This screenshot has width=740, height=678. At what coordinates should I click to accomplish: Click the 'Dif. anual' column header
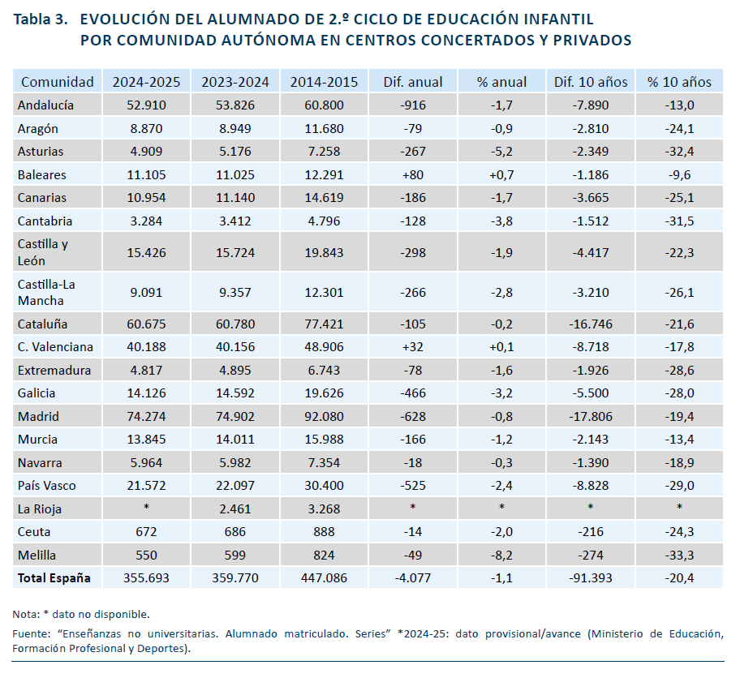412,82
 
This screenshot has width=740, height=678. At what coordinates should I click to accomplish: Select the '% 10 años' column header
679,82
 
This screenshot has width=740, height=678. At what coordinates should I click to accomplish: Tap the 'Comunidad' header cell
57,82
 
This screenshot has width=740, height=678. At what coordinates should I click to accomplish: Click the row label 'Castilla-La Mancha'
46,293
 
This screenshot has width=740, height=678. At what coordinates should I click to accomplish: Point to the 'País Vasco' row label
47,486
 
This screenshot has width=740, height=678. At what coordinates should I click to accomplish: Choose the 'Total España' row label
54,578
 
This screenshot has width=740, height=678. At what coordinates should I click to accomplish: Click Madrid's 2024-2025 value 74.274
146,417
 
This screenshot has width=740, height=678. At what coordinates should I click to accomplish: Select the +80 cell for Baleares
412,175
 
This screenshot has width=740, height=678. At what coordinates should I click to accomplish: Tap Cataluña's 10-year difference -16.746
591,324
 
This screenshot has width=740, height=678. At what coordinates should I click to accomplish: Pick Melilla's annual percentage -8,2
501,556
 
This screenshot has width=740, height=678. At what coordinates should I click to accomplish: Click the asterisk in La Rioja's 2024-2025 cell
146,507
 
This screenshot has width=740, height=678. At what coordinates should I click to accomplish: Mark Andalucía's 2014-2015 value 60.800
324,105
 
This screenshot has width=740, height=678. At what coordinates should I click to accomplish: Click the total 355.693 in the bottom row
146,578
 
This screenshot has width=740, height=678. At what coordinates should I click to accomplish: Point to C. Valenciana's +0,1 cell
501,347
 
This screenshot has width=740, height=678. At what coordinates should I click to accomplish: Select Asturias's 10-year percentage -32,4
679,152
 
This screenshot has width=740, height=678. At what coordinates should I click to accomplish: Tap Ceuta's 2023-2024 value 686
235,532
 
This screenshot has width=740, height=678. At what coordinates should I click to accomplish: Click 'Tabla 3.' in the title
41,19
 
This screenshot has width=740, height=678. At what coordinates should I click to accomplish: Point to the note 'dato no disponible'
101,614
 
